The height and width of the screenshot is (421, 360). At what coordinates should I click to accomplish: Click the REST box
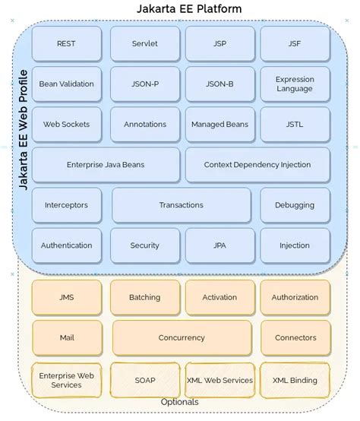tap(66, 43)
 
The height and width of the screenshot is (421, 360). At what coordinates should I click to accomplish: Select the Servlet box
tap(144, 43)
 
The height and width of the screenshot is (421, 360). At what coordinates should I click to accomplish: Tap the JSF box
tap(295, 43)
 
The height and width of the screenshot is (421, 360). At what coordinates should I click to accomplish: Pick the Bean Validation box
tap(66, 84)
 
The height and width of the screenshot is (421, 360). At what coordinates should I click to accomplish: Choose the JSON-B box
tap(219, 84)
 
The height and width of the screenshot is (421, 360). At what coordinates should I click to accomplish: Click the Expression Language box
tap(295, 84)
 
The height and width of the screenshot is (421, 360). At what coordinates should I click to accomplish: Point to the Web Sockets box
tap(66, 124)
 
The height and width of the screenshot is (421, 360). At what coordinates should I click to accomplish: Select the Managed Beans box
tap(219, 124)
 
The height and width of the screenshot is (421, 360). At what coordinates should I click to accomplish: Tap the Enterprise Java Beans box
tap(106, 164)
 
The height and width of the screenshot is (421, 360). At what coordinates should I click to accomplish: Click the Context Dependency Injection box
tap(257, 164)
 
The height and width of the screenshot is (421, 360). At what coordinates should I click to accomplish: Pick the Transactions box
tap(182, 205)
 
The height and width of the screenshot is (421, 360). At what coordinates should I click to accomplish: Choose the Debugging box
tap(295, 205)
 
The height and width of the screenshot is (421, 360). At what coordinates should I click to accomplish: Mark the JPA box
tap(219, 245)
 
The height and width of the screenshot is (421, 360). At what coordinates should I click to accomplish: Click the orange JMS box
tap(66, 297)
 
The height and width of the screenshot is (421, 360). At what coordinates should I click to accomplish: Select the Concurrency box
tap(182, 337)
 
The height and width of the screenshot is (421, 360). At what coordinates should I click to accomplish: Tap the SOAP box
tap(144, 380)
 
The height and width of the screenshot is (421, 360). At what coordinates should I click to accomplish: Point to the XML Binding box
tap(295, 380)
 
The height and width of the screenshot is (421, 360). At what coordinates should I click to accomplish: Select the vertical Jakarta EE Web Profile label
tap(23, 128)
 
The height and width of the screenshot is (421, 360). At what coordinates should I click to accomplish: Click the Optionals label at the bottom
tap(180, 402)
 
